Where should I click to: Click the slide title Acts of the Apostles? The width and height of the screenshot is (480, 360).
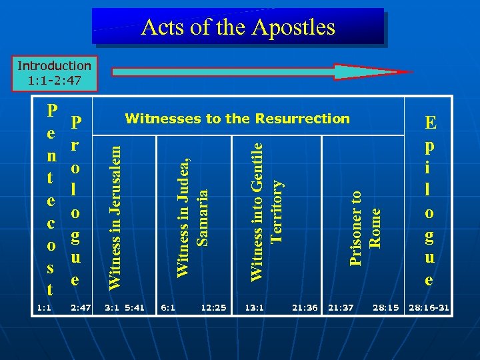pos(238,27)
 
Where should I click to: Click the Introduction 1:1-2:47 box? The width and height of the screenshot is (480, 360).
pos(55,73)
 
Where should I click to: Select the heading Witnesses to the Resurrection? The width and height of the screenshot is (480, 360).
pos(237,119)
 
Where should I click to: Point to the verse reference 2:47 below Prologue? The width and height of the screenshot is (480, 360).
pos(80,307)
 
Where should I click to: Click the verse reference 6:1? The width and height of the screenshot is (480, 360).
pos(168,307)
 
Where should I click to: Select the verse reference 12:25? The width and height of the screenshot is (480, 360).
pos(213,307)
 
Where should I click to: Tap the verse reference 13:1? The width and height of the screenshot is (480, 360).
pos(254,307)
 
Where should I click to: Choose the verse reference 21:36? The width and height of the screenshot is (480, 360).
pos(305,307)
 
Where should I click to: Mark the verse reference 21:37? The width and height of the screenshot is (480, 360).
pos(341,307)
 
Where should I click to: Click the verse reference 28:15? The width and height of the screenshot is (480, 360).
pos(386,307)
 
